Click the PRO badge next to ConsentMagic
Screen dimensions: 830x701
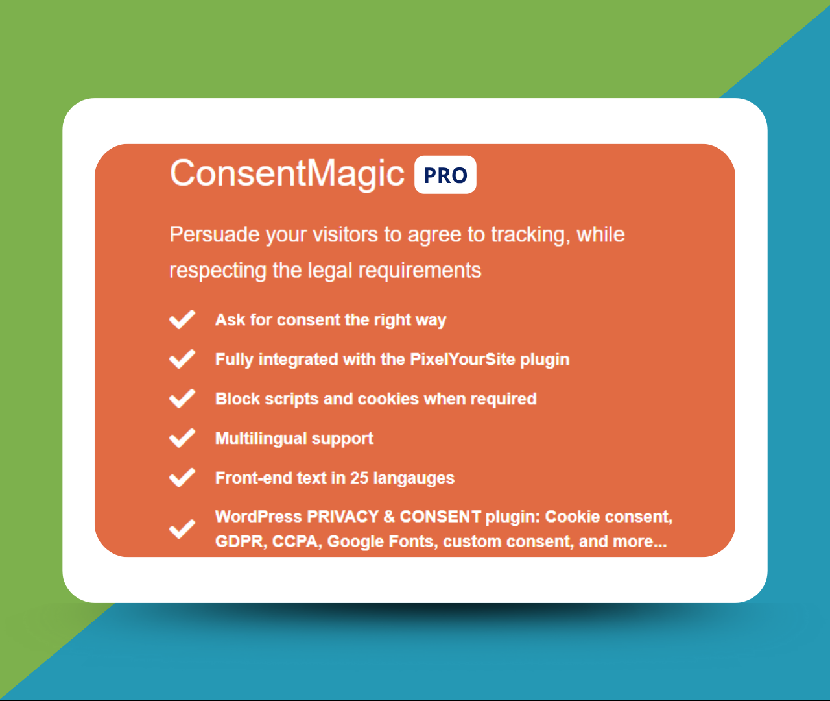pyautogui.click(x=445, y=175)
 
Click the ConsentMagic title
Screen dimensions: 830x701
pyautogui.click(x=287, y=173)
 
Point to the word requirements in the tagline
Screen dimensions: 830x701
pyautogui.click(x=420, y=271)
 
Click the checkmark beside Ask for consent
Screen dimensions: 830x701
pyautogui.click(x=182, y=319)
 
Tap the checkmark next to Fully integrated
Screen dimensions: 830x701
pyautogui.click(x=182, y=359)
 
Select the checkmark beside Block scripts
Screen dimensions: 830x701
pyautogui.click(x=182, y=399)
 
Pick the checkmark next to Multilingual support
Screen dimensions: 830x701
pyautogui.click(x=182, y=437)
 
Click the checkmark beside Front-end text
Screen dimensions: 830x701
pyautogui.click(x=182, y=478)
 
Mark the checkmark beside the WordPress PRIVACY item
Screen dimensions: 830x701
pyautogui.click(x=182, y=529)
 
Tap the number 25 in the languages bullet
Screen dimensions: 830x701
pyautogui.click(x=359, y=478)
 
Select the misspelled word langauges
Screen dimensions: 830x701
pyautogui.click(x=414, y=478)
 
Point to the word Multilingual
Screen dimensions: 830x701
pyautogui.click(x=261, y=439)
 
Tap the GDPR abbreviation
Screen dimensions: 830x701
pyautogui.click(x=241, y=541)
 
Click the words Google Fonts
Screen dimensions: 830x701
pyautogui.click(x=383, y=541)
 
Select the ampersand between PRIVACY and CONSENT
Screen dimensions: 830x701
pyautogui.click(x=389, y=517)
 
